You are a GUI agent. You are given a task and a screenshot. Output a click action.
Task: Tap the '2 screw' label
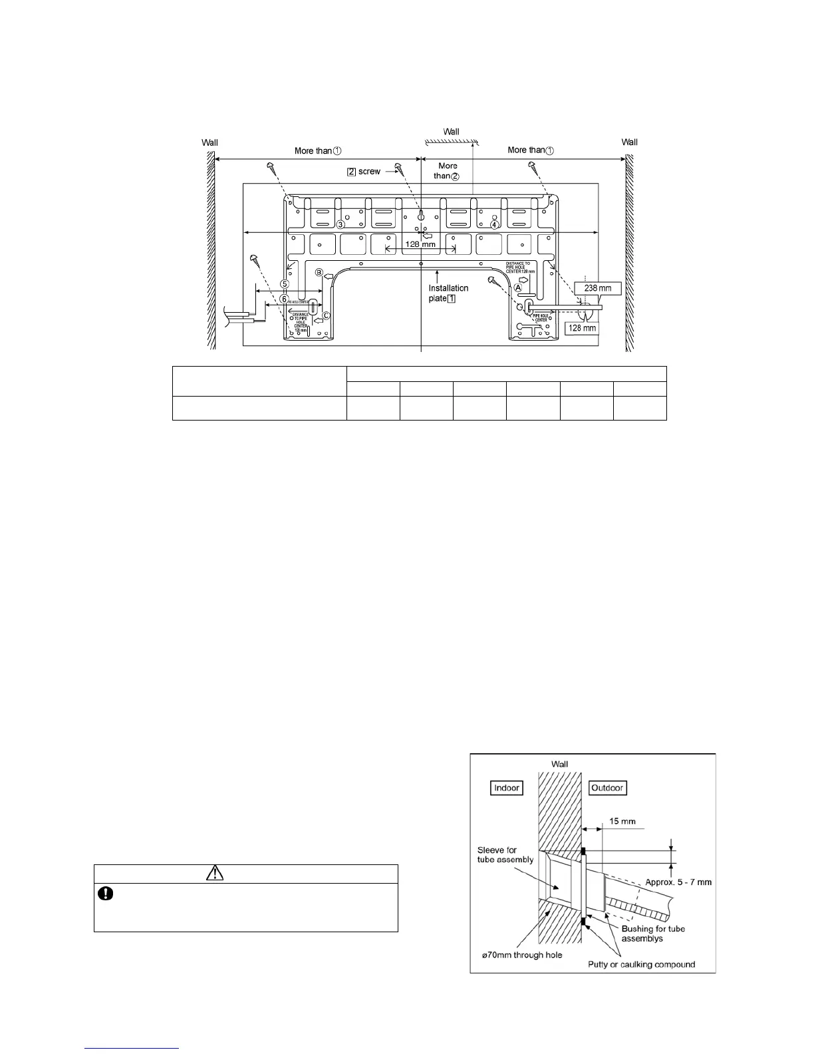pos(364,172)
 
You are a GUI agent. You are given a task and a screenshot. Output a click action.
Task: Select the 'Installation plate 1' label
pos(448,293)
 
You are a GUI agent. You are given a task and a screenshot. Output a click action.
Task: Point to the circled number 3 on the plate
pos(340,224)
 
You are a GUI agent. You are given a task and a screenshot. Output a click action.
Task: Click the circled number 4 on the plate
pos(494,224)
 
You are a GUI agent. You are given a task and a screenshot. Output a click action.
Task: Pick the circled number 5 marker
pos(285,283)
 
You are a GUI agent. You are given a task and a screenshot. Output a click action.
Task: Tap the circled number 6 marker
pos(285,299)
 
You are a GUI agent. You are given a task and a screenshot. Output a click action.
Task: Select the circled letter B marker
pos(319,273)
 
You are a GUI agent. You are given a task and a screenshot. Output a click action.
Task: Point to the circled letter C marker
pos(326,315)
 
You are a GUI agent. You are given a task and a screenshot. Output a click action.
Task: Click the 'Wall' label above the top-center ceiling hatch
pos(451,132)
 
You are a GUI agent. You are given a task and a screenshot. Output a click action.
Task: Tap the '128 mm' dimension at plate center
pos(420,244)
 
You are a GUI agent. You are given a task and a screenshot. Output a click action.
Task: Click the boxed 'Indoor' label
pos(507,788)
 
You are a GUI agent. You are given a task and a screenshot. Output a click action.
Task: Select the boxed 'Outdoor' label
pos(608,788)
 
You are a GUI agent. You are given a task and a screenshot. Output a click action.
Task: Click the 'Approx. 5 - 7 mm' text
pos(678,882)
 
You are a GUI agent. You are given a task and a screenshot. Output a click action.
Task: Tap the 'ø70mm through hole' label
pos(522,956)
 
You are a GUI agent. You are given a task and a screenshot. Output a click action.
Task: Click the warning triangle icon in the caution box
pos(215,873)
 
